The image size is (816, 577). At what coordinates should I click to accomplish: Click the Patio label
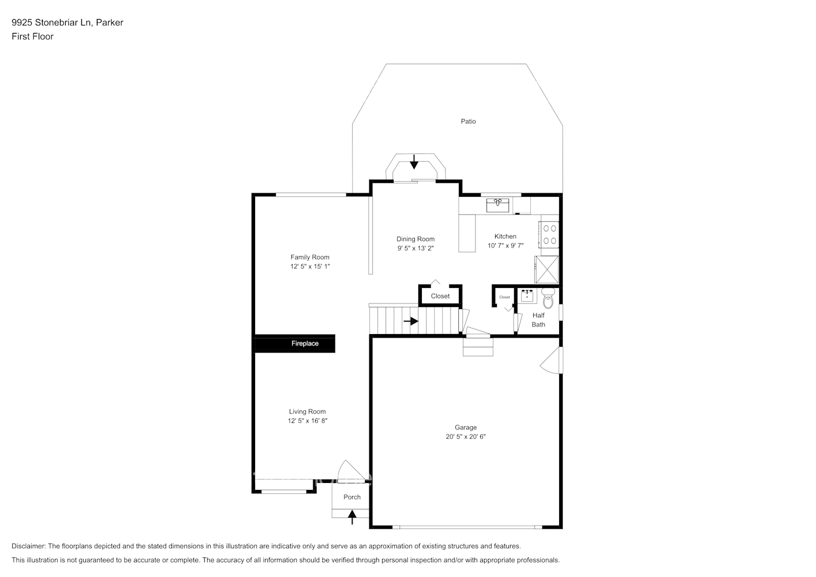[x=468, y=121]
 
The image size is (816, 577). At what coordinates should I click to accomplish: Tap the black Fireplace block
[x=294, y=344]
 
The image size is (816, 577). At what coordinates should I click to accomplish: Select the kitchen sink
[x=497, y=205]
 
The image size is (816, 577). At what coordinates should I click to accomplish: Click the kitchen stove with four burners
[x=549, y=234]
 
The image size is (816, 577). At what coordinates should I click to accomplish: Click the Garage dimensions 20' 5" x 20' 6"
[x=465, y=437]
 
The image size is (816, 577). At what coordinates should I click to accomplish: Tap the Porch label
[x=351, y=497]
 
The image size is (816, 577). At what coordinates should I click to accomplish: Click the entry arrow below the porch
[x=351, y=516]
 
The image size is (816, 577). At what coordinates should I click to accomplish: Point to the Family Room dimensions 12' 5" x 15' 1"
[x=310, y=267]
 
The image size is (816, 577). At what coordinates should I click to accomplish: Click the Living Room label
[x=307, y=411]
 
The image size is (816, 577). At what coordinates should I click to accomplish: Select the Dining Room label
[x=415, y=239]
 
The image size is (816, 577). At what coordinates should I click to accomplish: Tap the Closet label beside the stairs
[x=440, y=296]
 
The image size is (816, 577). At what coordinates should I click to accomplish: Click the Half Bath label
[x=538, y=320]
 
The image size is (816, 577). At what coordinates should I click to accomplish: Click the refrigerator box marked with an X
[x=547, y=269]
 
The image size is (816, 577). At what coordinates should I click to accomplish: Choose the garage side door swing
[x=552, y=361]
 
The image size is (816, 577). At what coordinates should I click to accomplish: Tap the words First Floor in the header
[x=32, y=36]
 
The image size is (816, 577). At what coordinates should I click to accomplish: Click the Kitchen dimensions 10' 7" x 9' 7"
[x=505, y=246]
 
